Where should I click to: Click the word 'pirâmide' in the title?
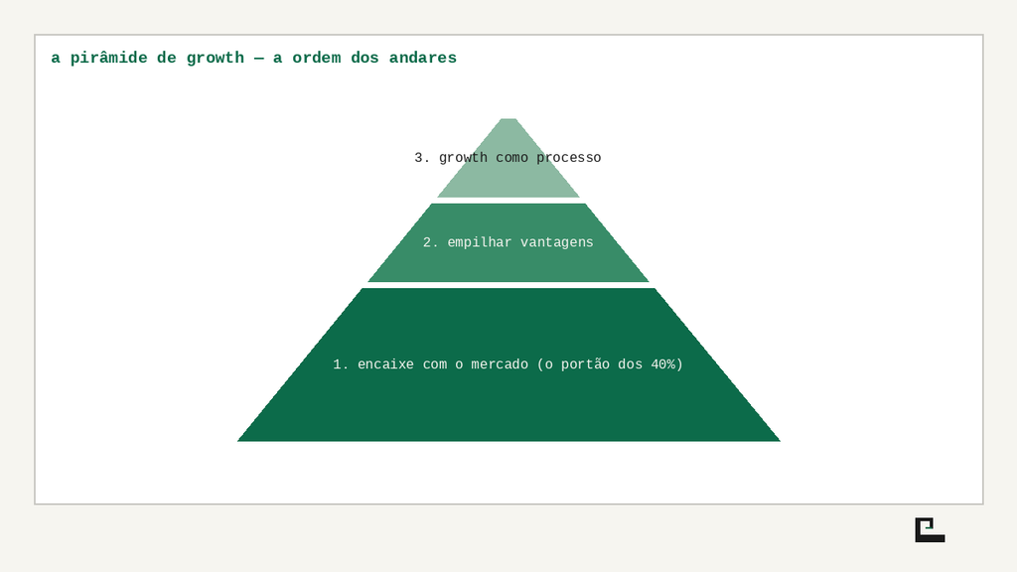(109, 58)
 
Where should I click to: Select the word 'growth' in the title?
(216, 59)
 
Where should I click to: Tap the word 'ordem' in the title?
(317, 58)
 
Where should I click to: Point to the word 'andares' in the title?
(423, 58)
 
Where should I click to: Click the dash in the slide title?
(259, 59)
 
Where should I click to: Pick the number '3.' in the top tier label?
(422, 158)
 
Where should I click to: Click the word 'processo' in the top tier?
(569, 158)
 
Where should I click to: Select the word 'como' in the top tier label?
(511, 158)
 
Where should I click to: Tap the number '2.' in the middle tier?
(431, 242)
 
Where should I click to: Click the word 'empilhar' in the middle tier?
(480, 242)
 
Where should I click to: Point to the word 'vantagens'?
(556, 243)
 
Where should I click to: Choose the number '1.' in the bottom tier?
(341, 364)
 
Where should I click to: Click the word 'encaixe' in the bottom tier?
(385, 364)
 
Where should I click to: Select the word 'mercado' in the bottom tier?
(500, 364)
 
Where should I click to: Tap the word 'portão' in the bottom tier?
(585, 364)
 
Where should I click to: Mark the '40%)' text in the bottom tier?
(666, 364)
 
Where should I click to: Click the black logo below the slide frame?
(930, 530)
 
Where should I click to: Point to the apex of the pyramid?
(508, 119)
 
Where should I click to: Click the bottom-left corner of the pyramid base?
(238, 441)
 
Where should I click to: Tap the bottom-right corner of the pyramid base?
(780, 441)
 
